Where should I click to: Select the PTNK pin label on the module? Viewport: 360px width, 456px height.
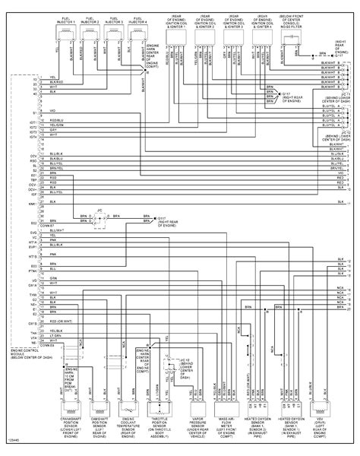(33, 270)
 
